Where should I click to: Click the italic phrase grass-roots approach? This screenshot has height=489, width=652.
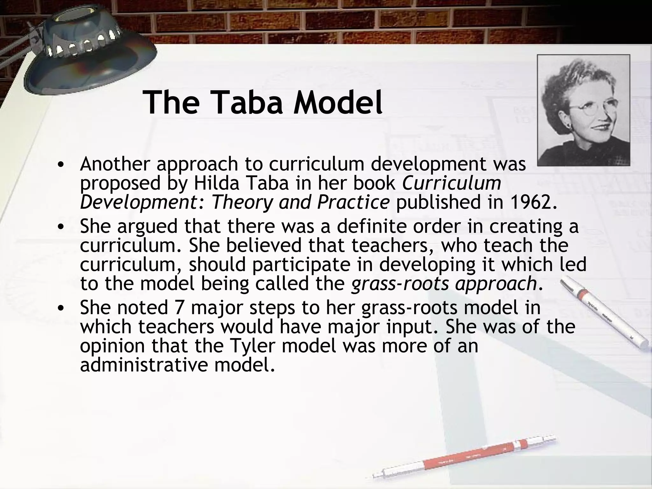click(444, 283)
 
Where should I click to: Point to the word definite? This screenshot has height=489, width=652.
click(371, 226)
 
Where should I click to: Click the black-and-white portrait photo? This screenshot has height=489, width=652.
click(583, 110)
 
